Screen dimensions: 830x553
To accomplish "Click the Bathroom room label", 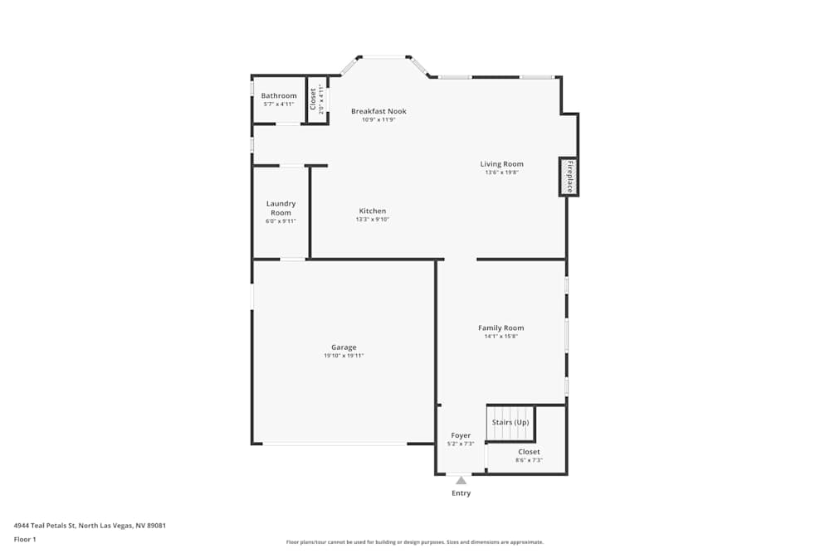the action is [x=279, y=95].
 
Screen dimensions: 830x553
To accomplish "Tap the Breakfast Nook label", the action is [x=379, y=111].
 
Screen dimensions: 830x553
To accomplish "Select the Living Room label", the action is [x=502, y=164].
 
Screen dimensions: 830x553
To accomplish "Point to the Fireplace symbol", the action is [x=569, y=177].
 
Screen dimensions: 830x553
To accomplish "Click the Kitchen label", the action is [x=373, y=211].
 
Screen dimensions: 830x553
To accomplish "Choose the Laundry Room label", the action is [x=281, y=208].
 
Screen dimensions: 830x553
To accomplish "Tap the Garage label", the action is [x=344, y=347].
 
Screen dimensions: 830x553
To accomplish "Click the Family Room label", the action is [x=501, y=327].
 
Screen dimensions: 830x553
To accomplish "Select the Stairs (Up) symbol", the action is [x=510, y=422].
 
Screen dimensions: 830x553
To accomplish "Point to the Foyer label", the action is [x=461, y=435].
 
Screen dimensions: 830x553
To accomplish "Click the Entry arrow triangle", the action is [x=461, y=480].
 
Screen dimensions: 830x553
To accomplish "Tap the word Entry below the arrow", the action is [x=461, y=492].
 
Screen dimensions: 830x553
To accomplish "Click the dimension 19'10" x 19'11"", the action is [x=344, y=356].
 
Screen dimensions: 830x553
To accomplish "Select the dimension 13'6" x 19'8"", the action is [x=502, y=172].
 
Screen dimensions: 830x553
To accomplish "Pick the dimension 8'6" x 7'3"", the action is [x=530, y=460].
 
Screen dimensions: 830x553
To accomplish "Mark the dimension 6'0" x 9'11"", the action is [x=281, y=221].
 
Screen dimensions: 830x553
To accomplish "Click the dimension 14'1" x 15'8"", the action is [x=501, y=337].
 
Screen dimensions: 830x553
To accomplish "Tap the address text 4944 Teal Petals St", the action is [x=45, y=526].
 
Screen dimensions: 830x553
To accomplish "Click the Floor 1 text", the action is [x=25, y=539].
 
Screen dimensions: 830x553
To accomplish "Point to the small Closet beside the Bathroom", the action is [x=318, y=99].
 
